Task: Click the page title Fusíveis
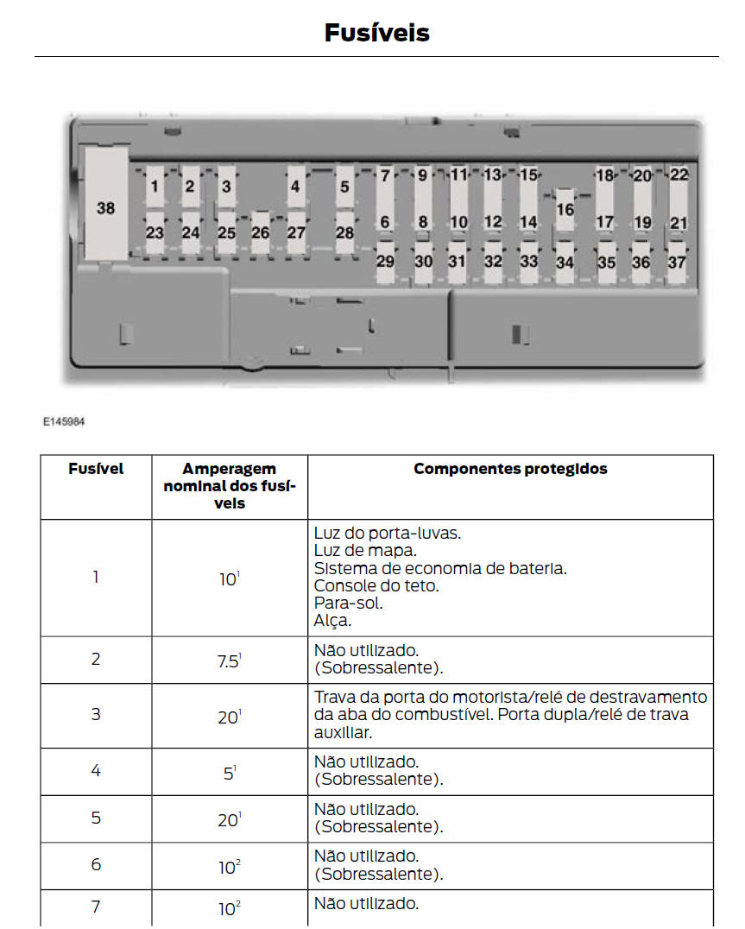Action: [x=376, y=33]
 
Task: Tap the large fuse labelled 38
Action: [x=105, y=208]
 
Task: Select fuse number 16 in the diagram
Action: [x=565, y=209]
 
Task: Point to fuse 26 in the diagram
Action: [x=260, y=232]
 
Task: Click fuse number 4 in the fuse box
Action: [x=295, y=186]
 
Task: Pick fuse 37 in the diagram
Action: [x=677, y=262]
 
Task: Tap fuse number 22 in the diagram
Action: [x=679, y=174]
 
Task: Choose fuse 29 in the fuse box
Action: [x=385, y=262]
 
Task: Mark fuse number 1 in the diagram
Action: [x=155, y=186]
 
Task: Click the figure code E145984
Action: [x=64, y=422]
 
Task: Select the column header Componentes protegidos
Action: [x=510, y=469]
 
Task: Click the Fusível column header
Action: [x=96, y=469]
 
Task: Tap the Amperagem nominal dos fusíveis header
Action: [x=230, y=486]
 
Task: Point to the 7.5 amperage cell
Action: [x=229, y=660]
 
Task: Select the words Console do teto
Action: [x=376, y=585]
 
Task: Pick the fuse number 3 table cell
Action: [x=96, y=714]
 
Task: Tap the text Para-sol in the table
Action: [x=349, y=603]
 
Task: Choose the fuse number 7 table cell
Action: [x=96, y=907]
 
